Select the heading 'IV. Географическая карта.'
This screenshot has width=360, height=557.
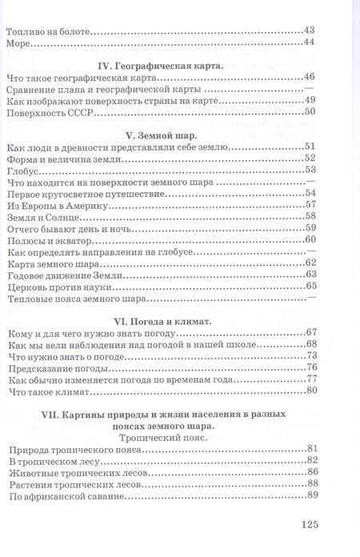point(162,67)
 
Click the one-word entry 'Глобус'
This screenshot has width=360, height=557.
point(22,170)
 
